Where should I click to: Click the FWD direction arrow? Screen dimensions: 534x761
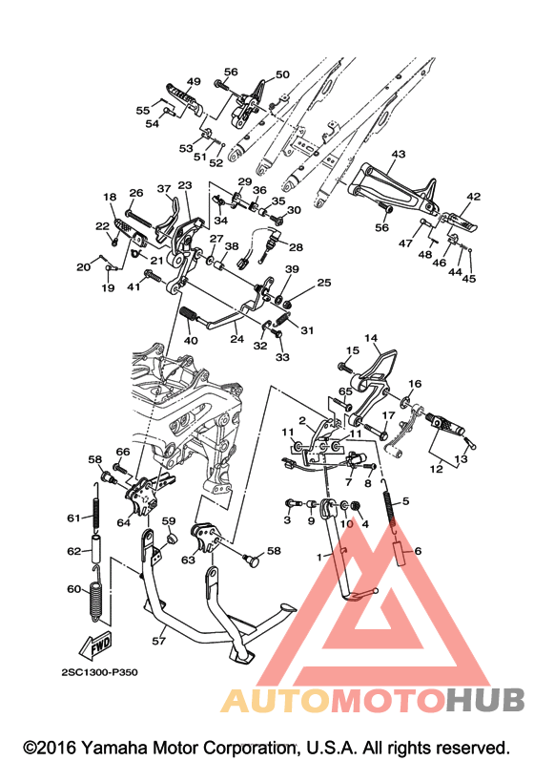pos(96,645)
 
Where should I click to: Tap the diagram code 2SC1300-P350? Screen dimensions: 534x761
pos(99,672)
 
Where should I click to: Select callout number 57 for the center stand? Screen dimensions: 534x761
pos(158,641)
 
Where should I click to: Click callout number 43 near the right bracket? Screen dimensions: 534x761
pos(399,155)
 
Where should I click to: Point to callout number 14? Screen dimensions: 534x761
pos(371,338)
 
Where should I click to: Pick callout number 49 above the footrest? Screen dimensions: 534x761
pos(194,81)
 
